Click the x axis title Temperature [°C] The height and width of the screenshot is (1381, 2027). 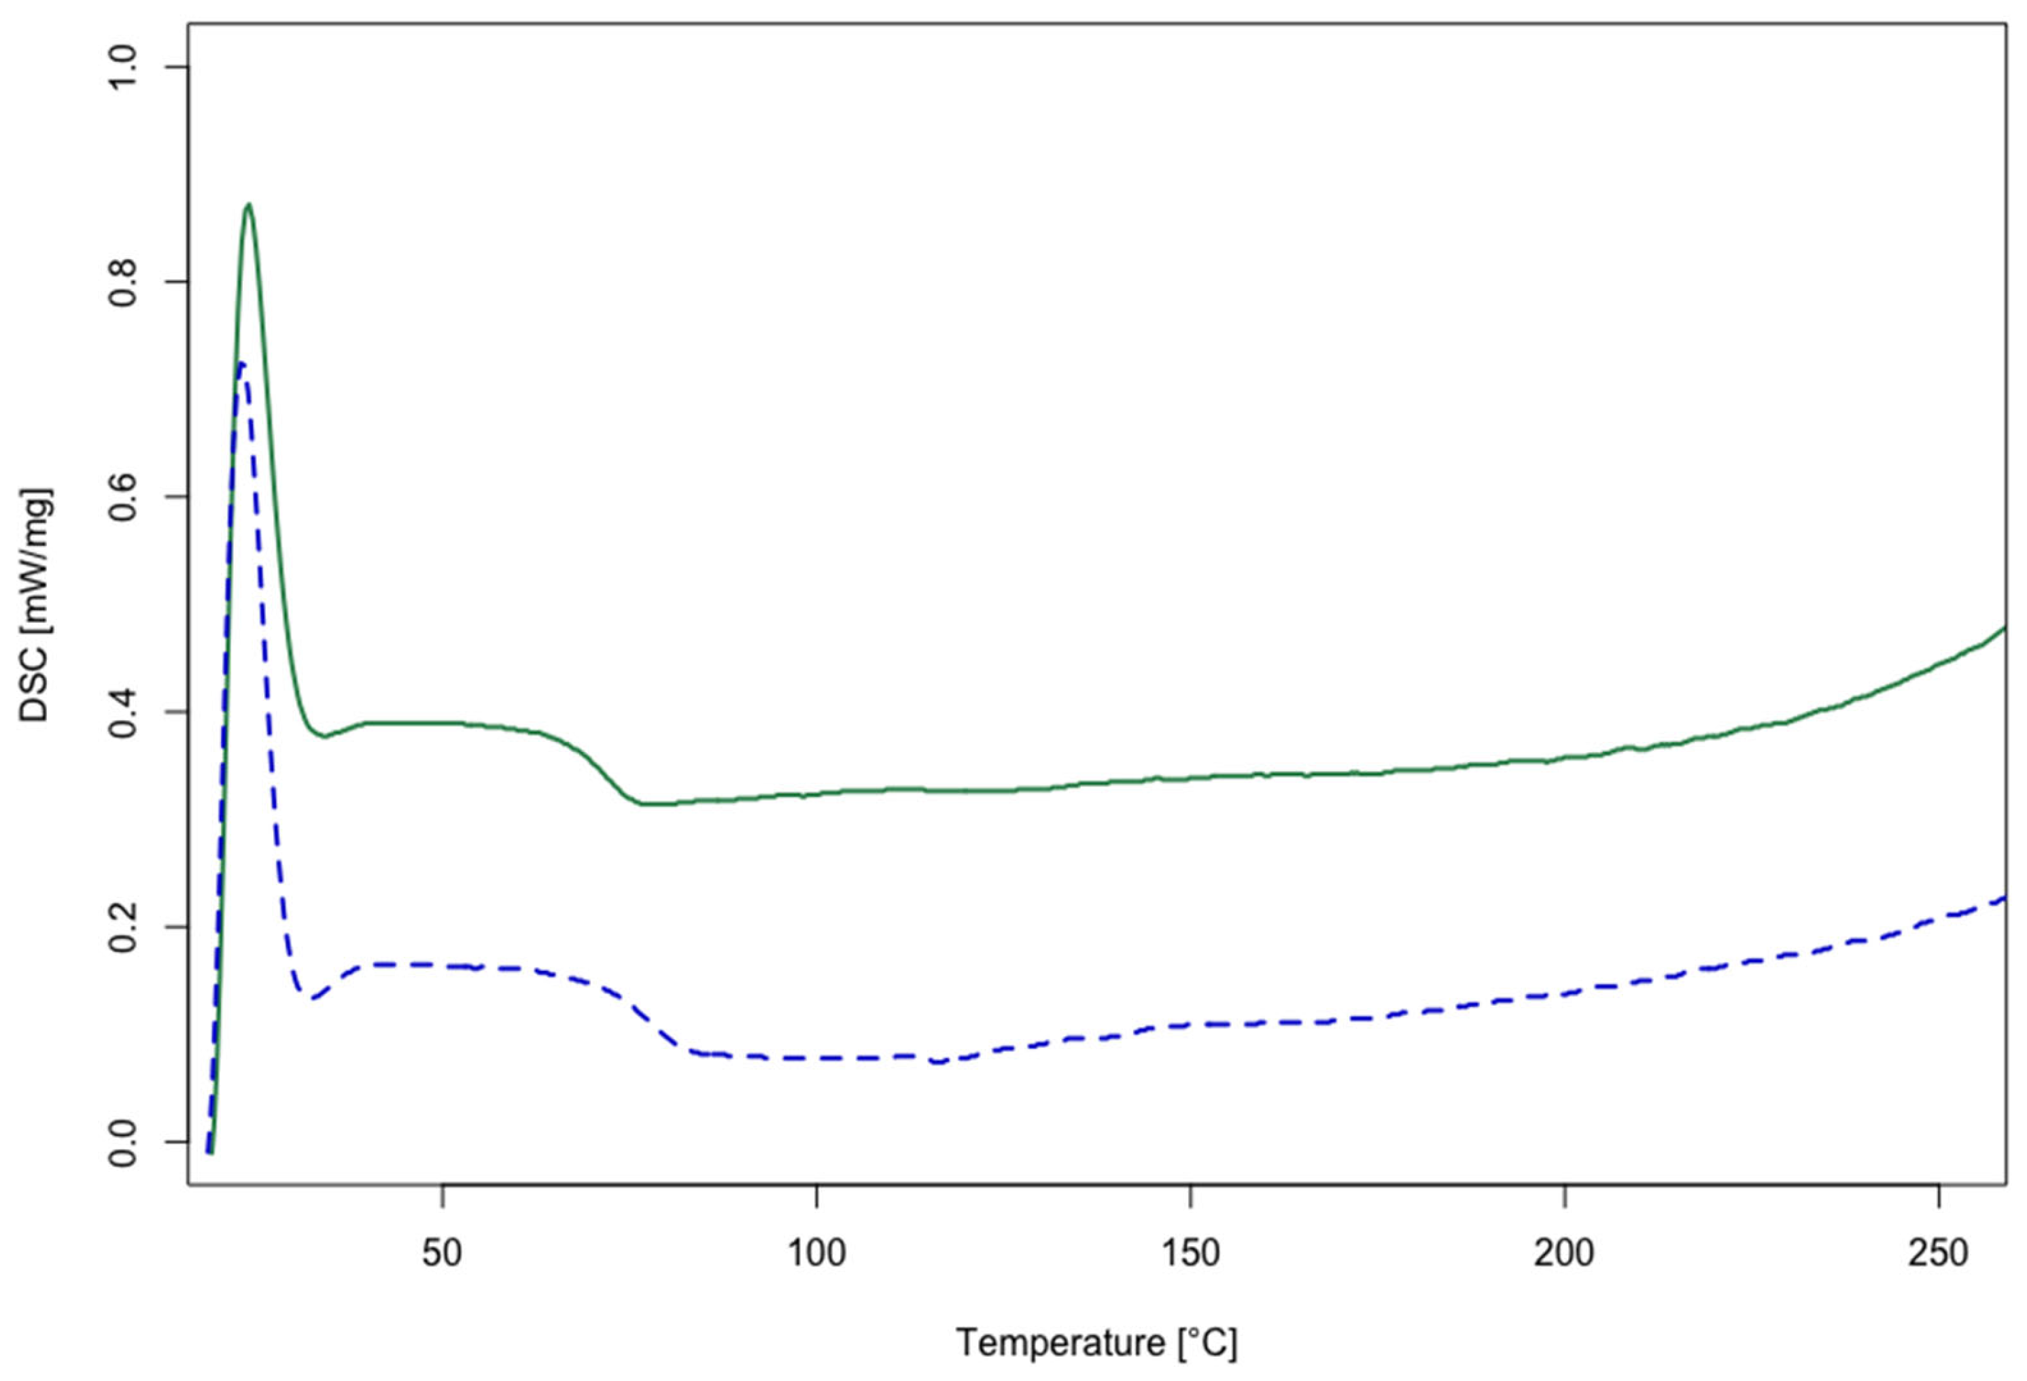pos(1096,1343)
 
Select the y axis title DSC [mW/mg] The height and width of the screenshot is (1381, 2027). pos(36,604)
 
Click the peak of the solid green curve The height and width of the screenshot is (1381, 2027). pos(249,205)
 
